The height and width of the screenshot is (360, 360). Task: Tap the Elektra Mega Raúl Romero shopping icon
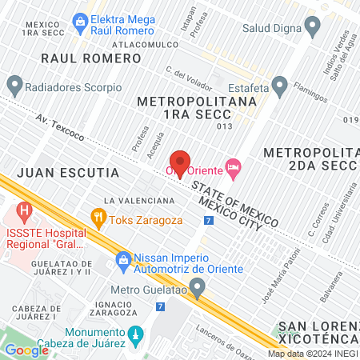coord(79,19)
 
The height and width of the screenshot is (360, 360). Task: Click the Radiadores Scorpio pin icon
coord(14,84)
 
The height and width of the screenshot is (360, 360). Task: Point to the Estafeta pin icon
coord(279,84)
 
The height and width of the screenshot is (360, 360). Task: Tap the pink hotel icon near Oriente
coord(234,167)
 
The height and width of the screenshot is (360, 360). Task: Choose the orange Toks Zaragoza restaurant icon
coord(98,215)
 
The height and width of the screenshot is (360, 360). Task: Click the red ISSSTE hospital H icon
coord(24,214)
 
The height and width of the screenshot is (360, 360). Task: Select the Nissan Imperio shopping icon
coord(123,260)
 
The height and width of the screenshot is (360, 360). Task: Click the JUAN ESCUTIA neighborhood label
coord(67,173)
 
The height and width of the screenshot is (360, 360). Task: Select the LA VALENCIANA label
coord(139,199)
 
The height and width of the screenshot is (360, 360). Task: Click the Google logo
coord(26,350)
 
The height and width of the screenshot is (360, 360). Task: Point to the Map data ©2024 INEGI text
coord(312,354)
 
